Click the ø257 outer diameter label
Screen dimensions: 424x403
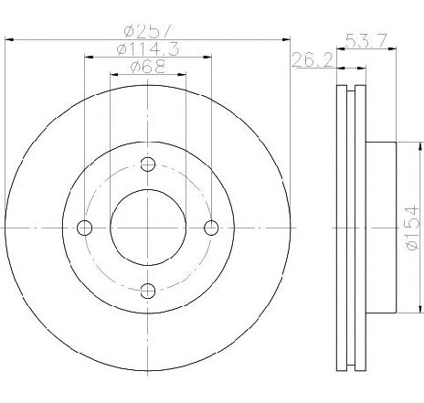(x=148, y=32)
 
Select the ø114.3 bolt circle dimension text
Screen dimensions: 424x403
(x=148, y=49)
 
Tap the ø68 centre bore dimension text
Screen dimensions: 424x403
(x=148, y=67)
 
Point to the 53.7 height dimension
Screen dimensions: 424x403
(x=366, y=40)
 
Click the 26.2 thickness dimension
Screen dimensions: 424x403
(x=313, y=59)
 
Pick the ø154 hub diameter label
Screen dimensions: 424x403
(x=413, y=228)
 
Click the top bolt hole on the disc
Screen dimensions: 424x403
(x=148, y=164)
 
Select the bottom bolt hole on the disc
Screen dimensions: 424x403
(x=148, y=291)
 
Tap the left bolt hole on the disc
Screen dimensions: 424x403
(x=85, y=228)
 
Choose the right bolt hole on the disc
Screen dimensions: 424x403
(x=211, y=228)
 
